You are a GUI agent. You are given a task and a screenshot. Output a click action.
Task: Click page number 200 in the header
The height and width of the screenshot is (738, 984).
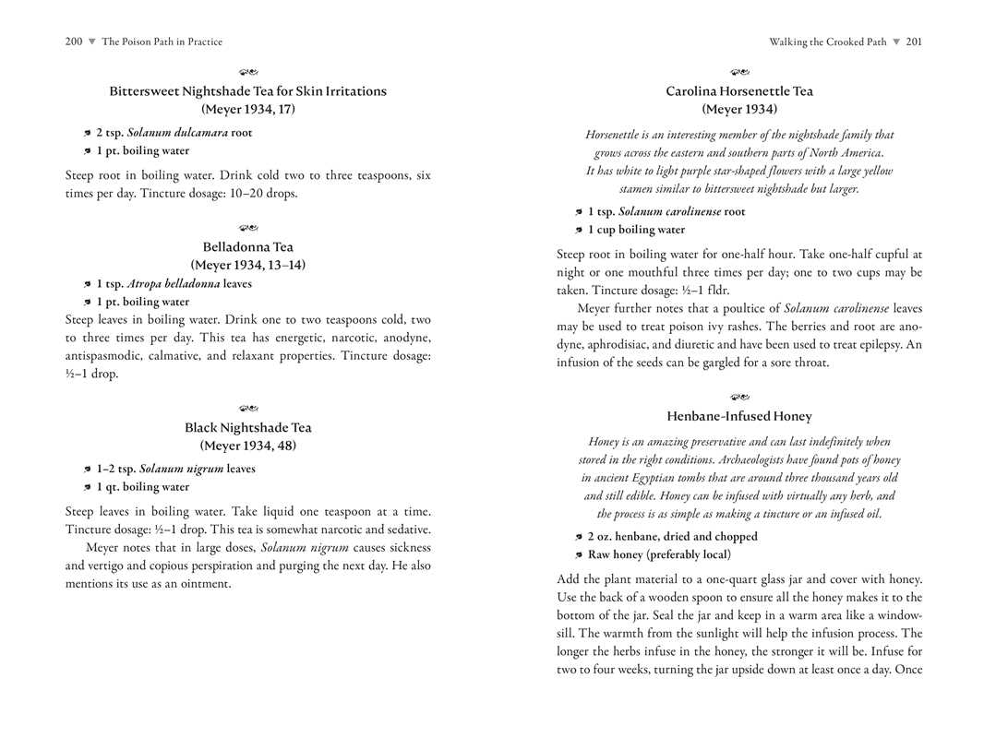coord(74,42)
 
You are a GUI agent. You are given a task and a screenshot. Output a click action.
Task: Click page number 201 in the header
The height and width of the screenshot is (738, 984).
coord(914,42)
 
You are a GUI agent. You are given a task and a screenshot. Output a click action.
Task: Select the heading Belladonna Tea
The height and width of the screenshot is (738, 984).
coord(247,247)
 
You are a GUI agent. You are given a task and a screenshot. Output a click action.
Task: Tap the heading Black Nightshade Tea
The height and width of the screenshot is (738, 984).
coord(247,428)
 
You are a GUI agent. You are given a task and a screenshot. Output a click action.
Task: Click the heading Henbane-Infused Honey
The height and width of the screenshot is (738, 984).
coord(739,417)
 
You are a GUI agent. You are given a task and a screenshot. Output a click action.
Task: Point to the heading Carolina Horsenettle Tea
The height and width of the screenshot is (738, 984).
coord(739,91)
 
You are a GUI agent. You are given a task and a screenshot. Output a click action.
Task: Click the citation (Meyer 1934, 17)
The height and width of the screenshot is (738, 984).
coord(247,109)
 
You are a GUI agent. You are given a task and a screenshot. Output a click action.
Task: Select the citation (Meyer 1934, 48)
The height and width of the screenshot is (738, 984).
coord(247,446)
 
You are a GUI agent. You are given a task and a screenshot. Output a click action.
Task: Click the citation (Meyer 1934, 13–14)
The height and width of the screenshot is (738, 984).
coord(247,265)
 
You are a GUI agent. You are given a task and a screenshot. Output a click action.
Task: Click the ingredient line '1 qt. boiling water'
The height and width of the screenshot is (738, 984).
coord(142,487)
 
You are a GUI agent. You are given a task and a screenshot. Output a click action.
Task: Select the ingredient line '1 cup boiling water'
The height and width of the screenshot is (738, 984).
coord(636,230)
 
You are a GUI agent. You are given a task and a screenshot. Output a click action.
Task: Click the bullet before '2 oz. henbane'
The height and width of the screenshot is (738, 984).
coord(579,537)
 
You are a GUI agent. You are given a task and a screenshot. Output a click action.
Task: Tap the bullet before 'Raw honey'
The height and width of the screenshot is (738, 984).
coord(579,555)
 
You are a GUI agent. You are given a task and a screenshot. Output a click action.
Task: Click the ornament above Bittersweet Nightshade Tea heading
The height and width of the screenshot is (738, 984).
coord(247,72)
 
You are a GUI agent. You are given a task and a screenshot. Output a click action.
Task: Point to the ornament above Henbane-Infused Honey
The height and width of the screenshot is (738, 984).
coord(739,398)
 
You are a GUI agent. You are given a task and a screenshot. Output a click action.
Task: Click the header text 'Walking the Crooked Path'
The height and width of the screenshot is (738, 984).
coord(827,42)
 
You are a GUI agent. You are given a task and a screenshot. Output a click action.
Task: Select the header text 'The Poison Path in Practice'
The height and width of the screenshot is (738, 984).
coord(162,42)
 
